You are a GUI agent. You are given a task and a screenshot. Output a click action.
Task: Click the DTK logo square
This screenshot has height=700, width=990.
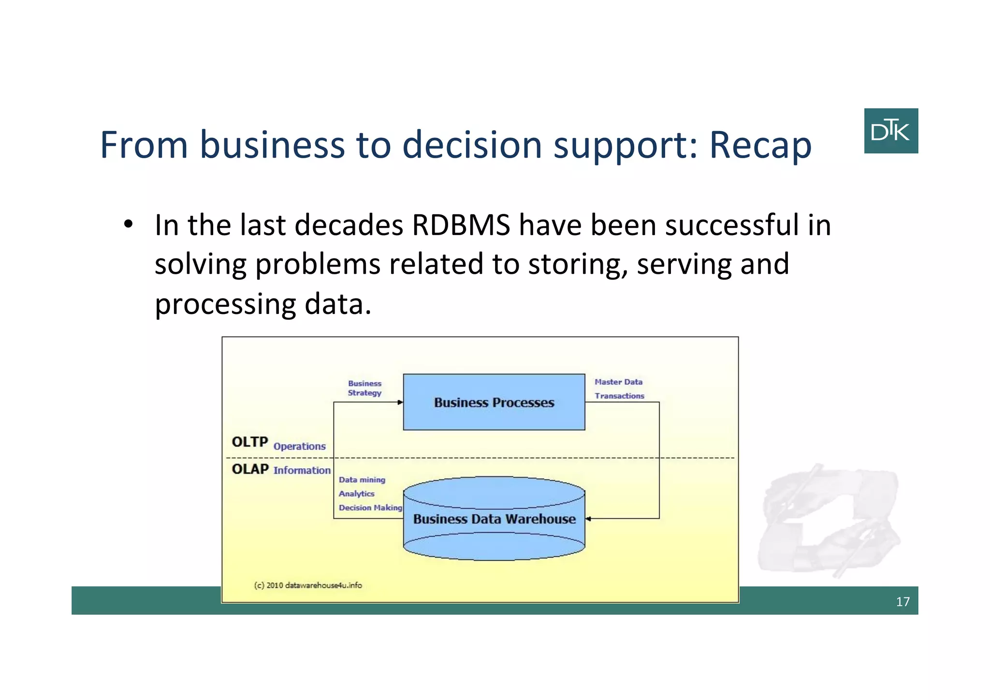click(890, 131)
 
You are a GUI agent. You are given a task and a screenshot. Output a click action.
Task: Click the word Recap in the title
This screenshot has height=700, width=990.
click(760, 145)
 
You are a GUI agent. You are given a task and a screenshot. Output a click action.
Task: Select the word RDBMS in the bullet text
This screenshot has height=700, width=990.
click(461, 225)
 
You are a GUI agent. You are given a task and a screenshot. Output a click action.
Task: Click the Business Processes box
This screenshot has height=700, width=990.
click(494, 402)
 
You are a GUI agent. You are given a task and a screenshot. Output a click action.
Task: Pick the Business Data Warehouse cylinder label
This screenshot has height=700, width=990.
click(494, 519)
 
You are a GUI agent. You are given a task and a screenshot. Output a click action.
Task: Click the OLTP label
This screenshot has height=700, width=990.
click(249, 442)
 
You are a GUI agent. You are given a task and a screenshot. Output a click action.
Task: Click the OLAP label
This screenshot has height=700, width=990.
click(250, 469)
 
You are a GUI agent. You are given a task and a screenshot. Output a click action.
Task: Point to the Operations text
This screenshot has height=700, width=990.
click(299, 446)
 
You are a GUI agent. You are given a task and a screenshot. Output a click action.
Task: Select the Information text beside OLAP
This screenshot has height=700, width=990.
click(302, 470)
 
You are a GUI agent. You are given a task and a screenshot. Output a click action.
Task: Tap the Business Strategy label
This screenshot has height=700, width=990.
click(364, 388)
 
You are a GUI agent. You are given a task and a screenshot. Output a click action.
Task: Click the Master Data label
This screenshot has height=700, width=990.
click(618, 382)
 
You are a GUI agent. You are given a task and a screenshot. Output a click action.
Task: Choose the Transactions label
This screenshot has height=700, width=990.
click(619, 396)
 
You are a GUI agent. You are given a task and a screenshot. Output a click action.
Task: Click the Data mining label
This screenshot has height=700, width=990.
click(362, 480)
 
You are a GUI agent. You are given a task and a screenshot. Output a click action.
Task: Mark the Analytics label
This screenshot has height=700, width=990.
click(356, 493)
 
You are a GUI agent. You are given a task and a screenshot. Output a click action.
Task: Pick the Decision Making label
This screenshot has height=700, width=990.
click(370, 507)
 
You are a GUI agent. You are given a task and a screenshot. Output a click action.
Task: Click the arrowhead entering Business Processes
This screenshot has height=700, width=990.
click(400, 402)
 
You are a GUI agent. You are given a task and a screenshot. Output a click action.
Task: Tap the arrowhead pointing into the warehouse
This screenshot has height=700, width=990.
click(588, 519)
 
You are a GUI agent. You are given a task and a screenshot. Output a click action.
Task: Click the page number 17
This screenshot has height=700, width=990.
click(902, 601)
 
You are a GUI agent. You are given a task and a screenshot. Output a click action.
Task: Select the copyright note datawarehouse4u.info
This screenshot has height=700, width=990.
click(308, 585)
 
